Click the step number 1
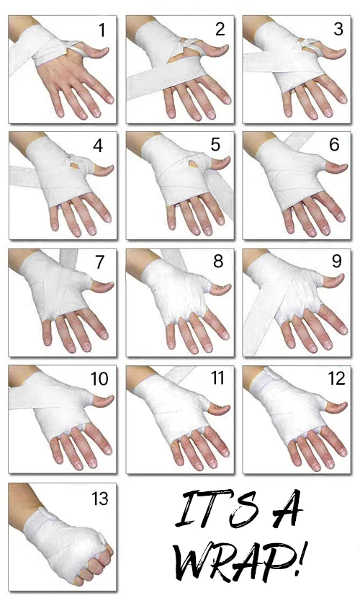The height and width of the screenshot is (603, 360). click(102, 30)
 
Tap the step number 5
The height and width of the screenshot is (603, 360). click(215, 145)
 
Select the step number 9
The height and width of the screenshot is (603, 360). click(336, 261)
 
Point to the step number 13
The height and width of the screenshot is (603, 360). click(100, 499)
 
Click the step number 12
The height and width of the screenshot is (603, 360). click(336, 378)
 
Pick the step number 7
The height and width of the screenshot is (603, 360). click(100, 262)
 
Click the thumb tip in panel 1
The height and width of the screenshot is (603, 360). click(107, 50)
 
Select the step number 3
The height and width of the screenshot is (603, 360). click(338, 30)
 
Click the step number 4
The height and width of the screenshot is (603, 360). click(98, 146)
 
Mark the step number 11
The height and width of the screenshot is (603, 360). click(218, 378)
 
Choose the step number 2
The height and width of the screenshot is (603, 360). click(220, 30)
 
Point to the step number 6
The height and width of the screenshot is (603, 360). click(334, 145)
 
